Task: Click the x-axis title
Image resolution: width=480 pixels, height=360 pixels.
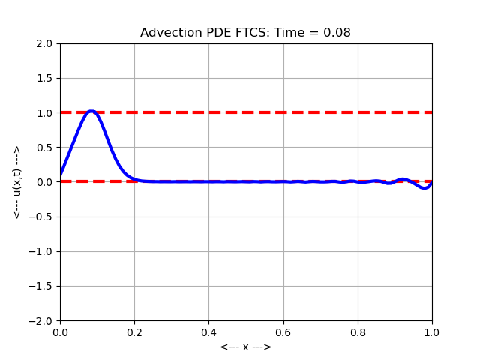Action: click(246, 346)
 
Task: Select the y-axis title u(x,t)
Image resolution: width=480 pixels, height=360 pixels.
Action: click(17, 182)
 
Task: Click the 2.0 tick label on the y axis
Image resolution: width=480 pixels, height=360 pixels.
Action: click(45, 43)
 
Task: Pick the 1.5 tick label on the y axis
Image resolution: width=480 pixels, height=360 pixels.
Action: click(45, 78)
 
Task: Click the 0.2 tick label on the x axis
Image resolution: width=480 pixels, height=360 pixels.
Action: click(134, 331)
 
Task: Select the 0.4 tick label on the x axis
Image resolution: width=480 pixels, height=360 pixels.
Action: click(208, 331)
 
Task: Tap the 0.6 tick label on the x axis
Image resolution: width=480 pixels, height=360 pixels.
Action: click(283, 331)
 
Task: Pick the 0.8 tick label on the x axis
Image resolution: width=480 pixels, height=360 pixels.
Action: click(358, 331)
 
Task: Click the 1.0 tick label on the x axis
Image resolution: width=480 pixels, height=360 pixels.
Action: click(432, 331)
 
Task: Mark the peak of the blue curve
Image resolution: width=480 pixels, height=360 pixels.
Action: click(91, 111)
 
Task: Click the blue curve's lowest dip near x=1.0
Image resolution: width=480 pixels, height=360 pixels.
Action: click(424, 188)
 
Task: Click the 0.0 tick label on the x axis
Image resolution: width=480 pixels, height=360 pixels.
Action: click(60, 331)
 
